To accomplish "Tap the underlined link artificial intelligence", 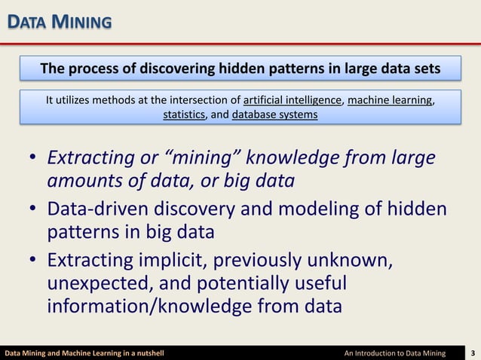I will tap(294, 100).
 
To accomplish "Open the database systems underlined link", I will tap(274, 115).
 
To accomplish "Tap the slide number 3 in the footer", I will tap(472, 352).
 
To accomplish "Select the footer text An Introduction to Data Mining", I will tap(394, 352).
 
